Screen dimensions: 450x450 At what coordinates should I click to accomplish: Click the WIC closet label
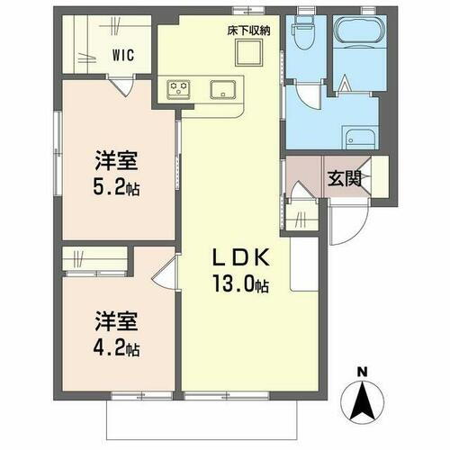(x=123, y=55)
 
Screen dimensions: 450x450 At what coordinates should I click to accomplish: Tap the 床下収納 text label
(x=247, y=30)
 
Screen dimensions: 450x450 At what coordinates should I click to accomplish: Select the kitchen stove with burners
(x=178, y=88)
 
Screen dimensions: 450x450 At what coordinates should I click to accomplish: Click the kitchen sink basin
(x=221, y=88)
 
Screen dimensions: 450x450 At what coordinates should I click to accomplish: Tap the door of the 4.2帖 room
(x=164, y=270)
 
